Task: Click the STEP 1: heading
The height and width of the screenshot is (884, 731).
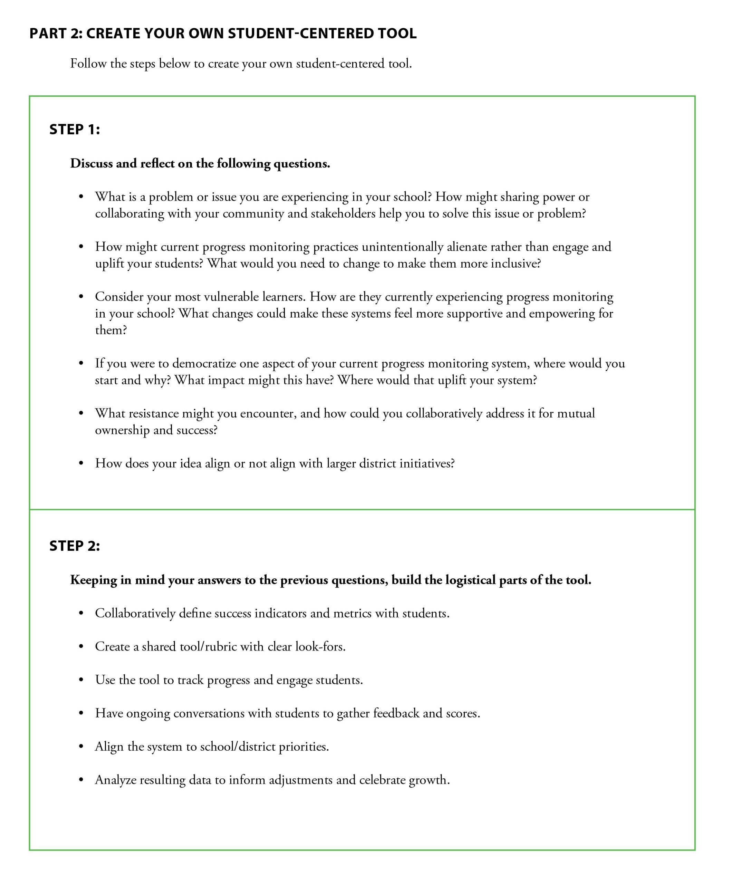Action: (x=75, y=129)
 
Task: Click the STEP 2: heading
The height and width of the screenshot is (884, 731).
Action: (x=75, y=546)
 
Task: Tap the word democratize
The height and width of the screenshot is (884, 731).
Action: (x=204, y=363)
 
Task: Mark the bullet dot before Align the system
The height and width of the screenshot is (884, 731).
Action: (x=81, y=747)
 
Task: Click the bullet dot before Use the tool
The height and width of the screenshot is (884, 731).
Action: (x=81, y=680)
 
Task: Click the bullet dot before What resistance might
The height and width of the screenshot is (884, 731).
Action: (x=81, y=413)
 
